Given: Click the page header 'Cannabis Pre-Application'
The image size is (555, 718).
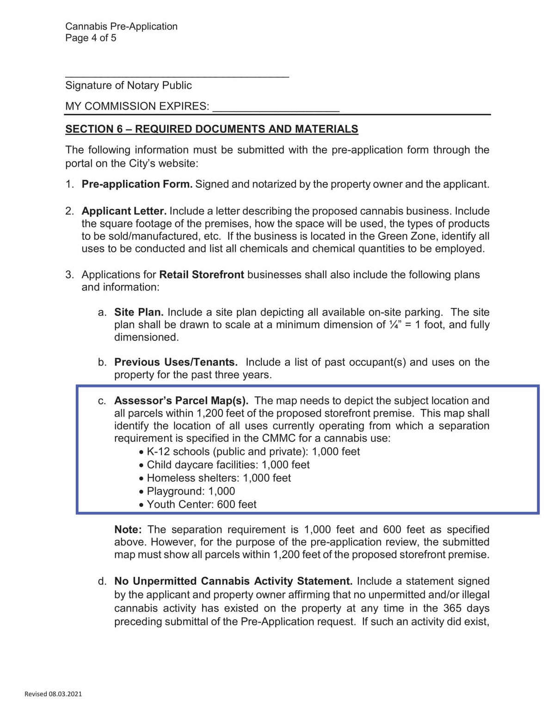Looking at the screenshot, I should (x=121, y=26).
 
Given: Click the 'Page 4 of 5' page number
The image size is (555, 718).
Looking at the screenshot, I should (x=91, y=38).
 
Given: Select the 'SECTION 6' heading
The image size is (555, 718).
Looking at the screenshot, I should (x=211, y=129).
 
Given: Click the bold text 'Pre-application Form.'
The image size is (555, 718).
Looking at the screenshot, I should (x=137, y=184).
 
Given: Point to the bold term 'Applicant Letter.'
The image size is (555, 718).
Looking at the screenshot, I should (x=124, y=211).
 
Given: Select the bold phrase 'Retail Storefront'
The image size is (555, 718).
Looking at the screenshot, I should (x=202, y=275).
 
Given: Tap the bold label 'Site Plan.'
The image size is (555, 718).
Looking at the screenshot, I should (x=139, y=313).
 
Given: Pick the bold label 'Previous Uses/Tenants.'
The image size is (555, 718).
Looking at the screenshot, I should (x=176, y=362).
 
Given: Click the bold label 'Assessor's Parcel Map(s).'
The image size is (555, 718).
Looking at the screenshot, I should (x=181, y=401).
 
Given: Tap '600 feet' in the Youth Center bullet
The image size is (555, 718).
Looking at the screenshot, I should (x=236, y=504).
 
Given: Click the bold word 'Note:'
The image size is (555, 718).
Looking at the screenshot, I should (x=128, y=530).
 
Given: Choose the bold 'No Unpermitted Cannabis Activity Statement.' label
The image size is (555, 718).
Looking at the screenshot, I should (x=234, y=581).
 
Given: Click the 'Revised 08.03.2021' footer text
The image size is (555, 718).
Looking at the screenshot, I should (x=53, y=694).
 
